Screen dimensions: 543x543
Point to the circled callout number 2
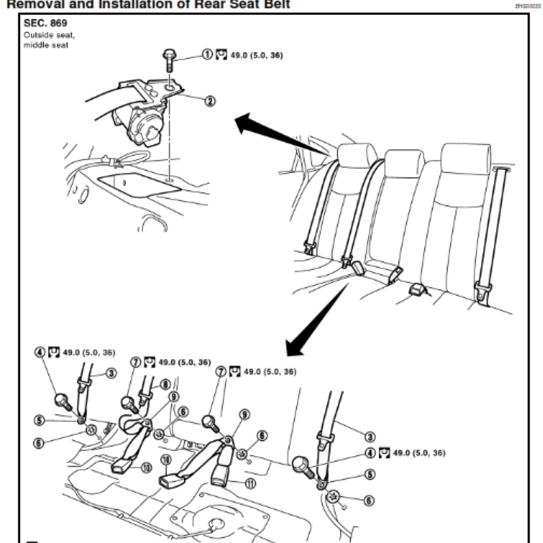[209, 102]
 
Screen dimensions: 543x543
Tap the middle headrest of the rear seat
[405, 162]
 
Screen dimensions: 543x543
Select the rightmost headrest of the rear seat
[464, 157]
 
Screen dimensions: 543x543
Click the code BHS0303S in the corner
[526, 5]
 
